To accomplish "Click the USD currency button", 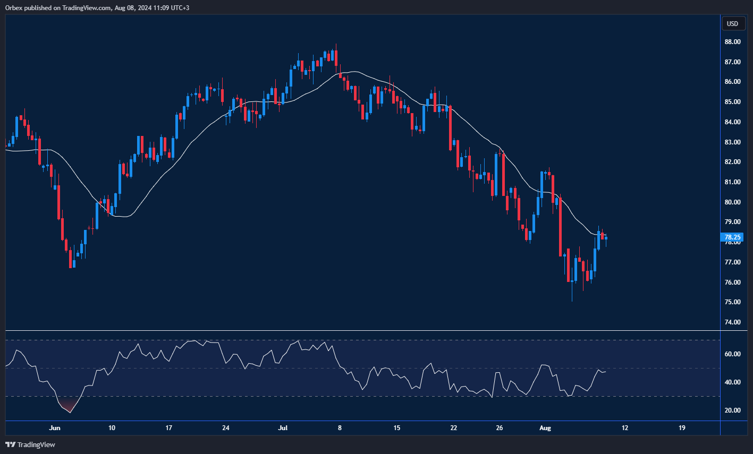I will point(732,23).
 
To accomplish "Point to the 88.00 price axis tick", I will point(733,42).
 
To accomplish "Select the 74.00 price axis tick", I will point(733,322).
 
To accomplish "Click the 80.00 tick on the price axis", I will point(733,202).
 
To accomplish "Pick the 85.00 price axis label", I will point(733,102).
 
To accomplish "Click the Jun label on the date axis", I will point(55,428).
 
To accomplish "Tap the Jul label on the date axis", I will point(283,428).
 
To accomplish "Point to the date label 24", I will point(225,428).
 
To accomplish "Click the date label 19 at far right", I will point(682,428).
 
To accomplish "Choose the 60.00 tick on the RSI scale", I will point(733,354).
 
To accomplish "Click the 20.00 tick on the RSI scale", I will point(733,410).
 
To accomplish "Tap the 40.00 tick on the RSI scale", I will point(733,382).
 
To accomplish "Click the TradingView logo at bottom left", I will point(30,444).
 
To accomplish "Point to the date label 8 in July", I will point(340,428).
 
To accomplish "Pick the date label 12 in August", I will point(625,428).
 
